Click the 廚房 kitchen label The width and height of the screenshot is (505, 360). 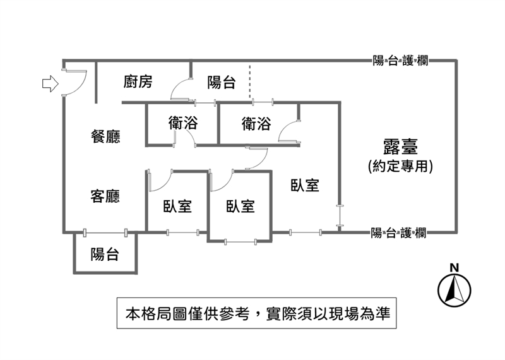pos(138,81)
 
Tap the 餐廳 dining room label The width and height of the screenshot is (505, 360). pos(106,136)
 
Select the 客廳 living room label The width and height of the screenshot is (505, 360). pos(106,196)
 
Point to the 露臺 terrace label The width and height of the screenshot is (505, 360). pos(400,148)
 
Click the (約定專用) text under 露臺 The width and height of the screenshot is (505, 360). pos(400,166)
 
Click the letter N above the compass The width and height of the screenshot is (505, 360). pos(454,267)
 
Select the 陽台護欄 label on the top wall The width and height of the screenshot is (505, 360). pos(400,61)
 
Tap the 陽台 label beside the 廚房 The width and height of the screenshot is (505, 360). pos(222,81)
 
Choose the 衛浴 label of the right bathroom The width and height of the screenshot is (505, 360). pos(256,124)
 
